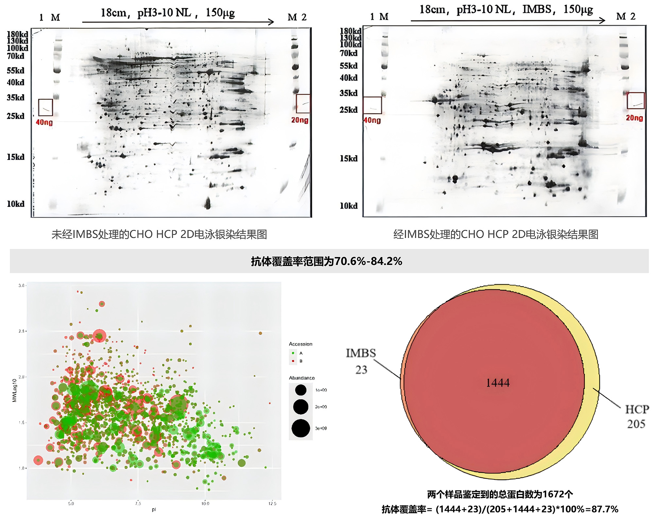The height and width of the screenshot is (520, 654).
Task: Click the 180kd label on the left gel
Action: click(17, 34)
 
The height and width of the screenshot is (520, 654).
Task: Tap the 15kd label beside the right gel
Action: click(349, 159)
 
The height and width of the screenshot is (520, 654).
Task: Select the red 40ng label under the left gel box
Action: click(44, 122)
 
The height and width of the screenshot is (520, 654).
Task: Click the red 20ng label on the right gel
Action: click(634, 118)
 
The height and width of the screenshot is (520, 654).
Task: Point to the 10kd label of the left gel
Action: click(16, 204)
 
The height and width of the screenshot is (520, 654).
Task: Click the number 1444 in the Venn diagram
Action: click(498, 383)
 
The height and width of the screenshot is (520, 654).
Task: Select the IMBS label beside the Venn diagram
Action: click(361, 353)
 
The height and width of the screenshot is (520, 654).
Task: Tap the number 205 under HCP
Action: click(636, 424)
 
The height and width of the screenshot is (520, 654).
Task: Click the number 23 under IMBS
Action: click(361, 370)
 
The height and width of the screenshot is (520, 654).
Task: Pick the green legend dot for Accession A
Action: click(293, 353)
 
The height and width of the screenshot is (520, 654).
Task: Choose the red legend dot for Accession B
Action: click(293, 361)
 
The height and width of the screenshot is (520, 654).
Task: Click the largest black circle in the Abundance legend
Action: click(301, 428)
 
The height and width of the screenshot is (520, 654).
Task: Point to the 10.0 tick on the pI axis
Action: click(205, 503)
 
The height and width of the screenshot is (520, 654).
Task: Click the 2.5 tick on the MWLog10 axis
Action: click(22, 331)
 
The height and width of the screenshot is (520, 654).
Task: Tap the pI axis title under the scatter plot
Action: click(154, 510)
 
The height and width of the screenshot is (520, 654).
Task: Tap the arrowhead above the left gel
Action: click(271, 22)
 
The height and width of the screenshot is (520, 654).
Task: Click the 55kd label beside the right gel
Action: click(349, 66)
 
